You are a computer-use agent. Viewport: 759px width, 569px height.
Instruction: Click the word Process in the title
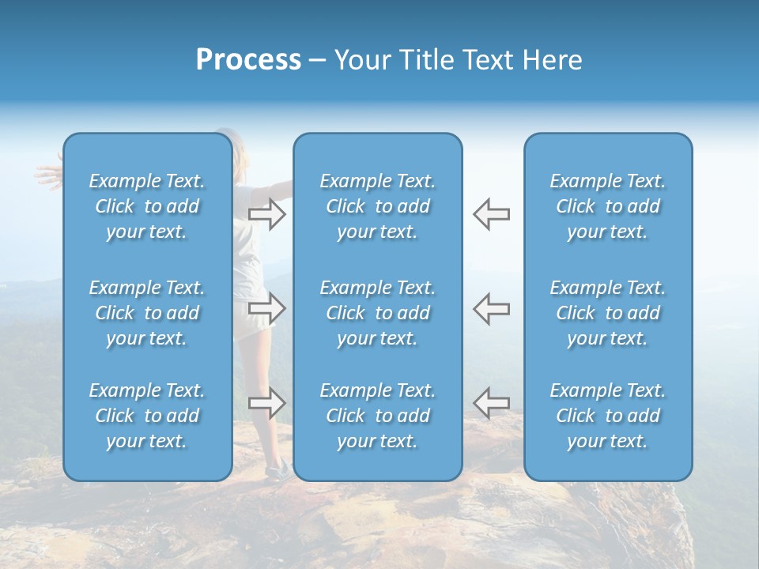pos(248,60)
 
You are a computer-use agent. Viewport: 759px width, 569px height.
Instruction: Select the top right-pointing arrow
pos(266,214)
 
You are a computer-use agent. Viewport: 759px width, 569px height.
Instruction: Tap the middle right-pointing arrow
pos(266,308)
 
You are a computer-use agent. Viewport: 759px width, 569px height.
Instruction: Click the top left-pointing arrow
pos(492,214)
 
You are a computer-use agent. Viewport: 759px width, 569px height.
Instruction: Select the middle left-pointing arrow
pos(492,308)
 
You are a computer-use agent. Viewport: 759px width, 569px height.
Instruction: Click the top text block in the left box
pos(147,206)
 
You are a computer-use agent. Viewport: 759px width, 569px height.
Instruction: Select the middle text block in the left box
pos(147,313)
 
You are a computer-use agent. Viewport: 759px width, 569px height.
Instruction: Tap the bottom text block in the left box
pos(147,416)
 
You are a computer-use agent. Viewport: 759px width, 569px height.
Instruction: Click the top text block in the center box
pos(378,206)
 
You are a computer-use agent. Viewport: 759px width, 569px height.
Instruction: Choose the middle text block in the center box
pos(378,313)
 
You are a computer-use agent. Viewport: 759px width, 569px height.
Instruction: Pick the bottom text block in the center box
pos(378,416)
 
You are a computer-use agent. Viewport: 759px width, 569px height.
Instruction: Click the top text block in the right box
pos(608,206)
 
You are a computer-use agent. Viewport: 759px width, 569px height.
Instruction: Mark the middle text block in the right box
pos(608,313)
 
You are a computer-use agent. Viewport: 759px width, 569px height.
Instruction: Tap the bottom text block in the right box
pos(608,416)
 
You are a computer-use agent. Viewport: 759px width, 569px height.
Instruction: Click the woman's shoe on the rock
pos(278,471)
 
